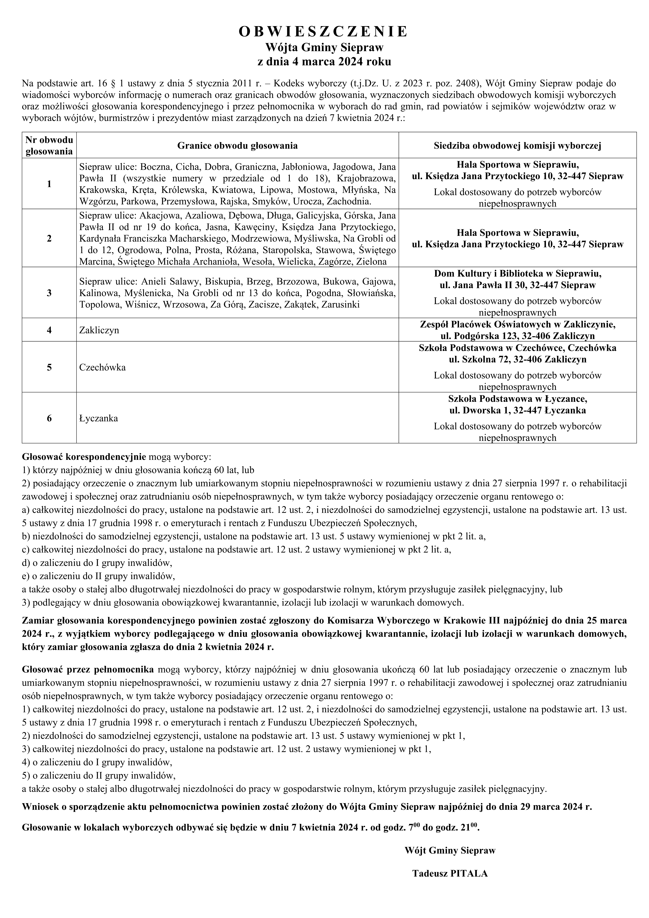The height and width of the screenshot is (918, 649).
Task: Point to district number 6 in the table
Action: (49, 418)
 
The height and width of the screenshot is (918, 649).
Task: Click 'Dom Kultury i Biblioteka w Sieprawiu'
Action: (517, 274)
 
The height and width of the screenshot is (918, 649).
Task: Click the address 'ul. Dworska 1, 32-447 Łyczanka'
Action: (517, 410)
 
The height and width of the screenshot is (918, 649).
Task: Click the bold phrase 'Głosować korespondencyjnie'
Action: (84, 456)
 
